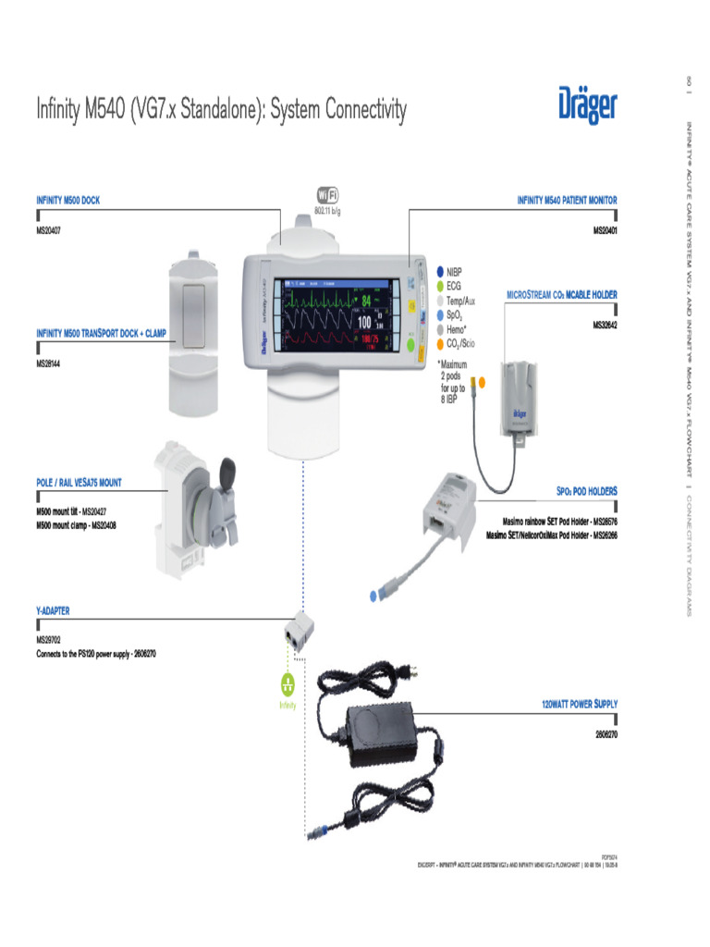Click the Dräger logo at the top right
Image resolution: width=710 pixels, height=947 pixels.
pyautogui.click(x=587, y=105)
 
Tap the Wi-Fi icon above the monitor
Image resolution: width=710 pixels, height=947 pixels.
pyautogui.click(x=327, y=195)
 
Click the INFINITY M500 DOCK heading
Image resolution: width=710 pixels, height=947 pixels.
pyautogui.click(x=68, y=200)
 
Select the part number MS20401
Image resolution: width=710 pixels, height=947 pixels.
pyautogui.click(x=605, y=230)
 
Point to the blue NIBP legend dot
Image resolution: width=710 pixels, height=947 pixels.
pyautogui.click(x=441, y=273)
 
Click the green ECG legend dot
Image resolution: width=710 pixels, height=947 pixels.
pyautogui.click(x=441, y=287)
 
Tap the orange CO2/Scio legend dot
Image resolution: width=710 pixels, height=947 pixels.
pyautogui.click(x=441, y=343)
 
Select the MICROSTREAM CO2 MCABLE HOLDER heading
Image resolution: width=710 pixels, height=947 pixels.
pyautogui.click(x=561, y=295)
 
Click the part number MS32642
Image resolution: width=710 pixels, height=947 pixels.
pyautogui.click(x=605, y=325)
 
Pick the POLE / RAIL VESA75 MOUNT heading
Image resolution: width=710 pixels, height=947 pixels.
pyautogui.click(x=79, y=483)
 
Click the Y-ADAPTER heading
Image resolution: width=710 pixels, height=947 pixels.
pyautogui.click(x=53, y=611)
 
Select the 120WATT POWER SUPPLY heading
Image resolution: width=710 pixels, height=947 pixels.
pyautogui.click(x=579, y=705)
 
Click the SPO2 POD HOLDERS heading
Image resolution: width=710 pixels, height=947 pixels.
pyautogui.click(x=586, y=491)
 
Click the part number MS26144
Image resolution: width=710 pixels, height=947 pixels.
pyautogui.click(x=49, y=363)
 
